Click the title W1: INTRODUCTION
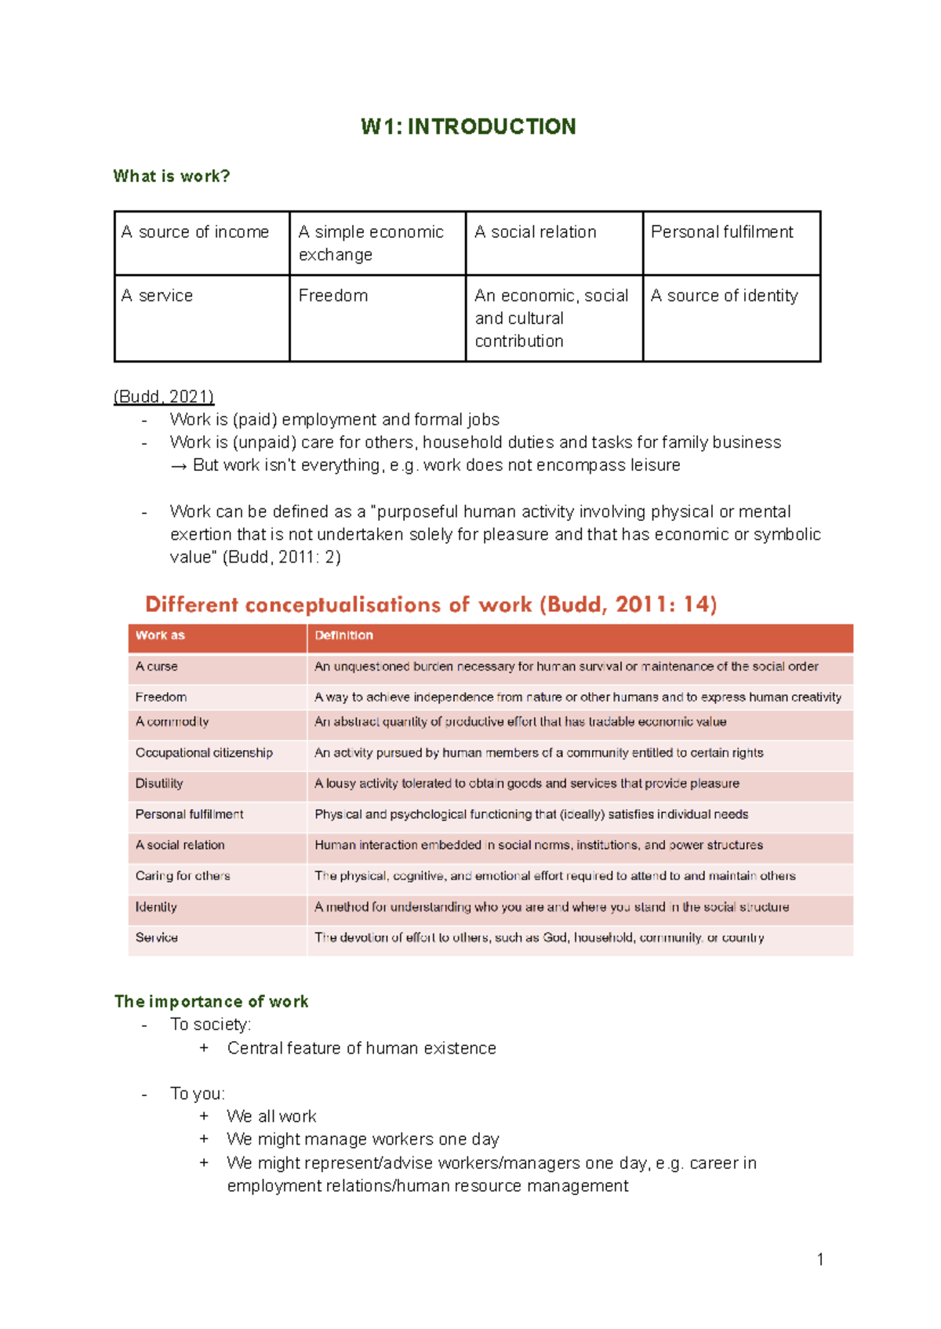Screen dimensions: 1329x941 pos(468,126)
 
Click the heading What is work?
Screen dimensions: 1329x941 pos(171,176)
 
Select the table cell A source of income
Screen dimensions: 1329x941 pos(195,232)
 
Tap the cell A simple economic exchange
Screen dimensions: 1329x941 pos(371,243)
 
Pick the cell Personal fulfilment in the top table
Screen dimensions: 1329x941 pos(721,232)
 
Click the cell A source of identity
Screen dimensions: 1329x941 pos(724,296)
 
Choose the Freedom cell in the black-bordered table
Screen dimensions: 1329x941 pos(333,296)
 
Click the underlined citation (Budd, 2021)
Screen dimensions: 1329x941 pos(163,396)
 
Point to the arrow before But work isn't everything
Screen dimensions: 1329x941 pos(179,466)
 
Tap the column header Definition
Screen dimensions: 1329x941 pos(343,635)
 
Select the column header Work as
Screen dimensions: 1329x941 pos(160,635)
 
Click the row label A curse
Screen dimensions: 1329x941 pos(156,666)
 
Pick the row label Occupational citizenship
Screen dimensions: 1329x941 pos(204,752)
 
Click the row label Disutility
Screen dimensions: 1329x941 pos(159,783)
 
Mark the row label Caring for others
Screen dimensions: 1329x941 pos(183,876)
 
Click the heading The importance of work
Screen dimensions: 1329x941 pos(211,1001)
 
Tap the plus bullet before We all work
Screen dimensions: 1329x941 pos(204,1116)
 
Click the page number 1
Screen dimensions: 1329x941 pos(819,1259)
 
